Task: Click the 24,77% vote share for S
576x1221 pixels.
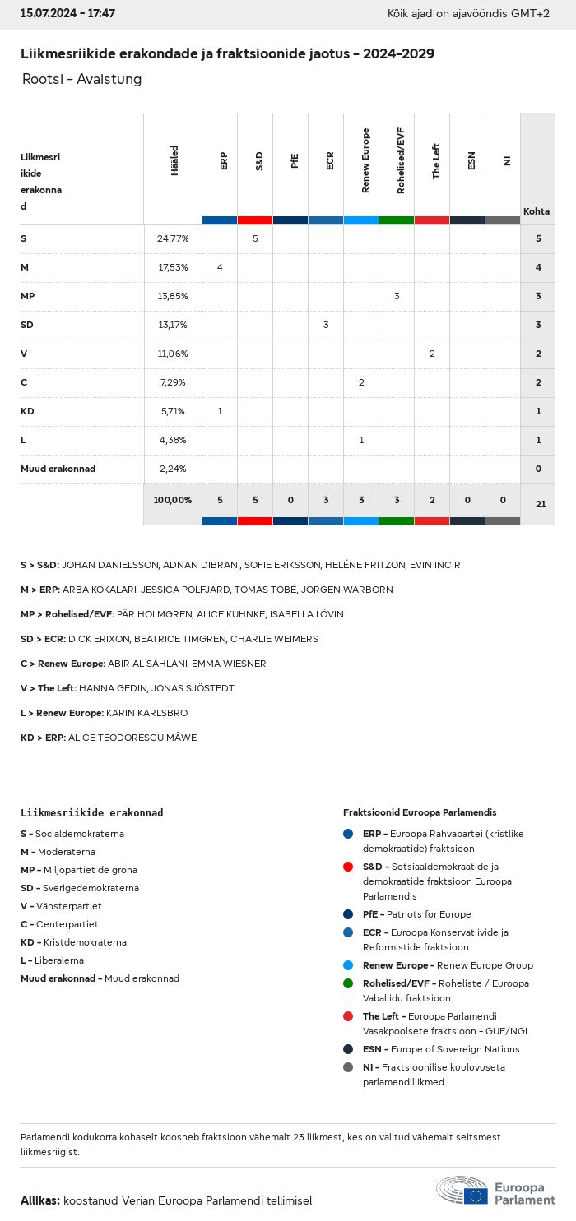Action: click(173, 238)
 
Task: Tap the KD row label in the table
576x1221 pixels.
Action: click(27, 411)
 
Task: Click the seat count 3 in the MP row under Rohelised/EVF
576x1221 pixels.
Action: click(397, 296)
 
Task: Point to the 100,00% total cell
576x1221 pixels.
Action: click(173, 500)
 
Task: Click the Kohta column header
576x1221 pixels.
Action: click(537, 211)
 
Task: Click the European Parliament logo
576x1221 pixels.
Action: click(495, 1191)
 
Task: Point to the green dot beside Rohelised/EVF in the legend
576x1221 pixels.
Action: click(348, 983)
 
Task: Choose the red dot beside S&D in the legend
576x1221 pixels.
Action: click(348, 867)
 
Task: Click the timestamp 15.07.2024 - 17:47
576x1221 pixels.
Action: click(67, 14)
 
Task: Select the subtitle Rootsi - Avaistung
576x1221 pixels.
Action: click(82, 79)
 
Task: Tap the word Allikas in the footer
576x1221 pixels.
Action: click(40, 1200)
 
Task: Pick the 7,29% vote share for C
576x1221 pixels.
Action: click(173, 382)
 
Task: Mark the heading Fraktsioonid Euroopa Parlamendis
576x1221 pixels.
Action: click(420, 812)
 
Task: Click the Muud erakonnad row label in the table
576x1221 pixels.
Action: click(58, 469)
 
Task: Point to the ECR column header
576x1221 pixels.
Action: click(330, 160)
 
